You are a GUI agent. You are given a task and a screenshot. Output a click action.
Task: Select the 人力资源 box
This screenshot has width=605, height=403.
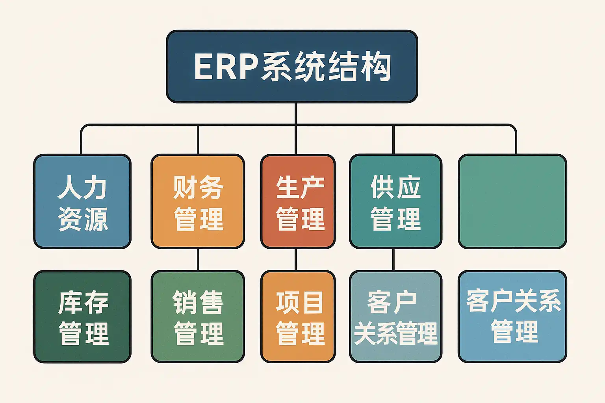click(x=82, y=201)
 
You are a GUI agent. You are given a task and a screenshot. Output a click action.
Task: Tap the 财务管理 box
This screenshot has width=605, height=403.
click(x=198, y=201)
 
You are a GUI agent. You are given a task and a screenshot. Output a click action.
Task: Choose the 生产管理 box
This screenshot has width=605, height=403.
click(x=298, y=201)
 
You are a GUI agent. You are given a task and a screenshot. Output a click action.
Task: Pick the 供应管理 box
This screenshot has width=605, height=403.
click(x=395, y=201)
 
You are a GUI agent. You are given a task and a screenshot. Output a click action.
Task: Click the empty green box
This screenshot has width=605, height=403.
click(x=512, y=201)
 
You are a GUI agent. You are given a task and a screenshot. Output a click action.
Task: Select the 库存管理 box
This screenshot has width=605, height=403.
click(x=82, y=317)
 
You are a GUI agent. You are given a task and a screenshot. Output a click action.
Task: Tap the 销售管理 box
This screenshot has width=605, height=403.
click(x=198, y=317)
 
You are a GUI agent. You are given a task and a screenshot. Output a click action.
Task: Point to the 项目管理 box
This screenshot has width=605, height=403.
click(x=298, y=317)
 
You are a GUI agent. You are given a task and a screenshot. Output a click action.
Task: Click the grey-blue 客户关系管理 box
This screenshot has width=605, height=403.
click(x=395, y=317)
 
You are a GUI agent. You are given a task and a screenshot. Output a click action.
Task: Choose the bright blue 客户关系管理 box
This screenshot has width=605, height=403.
click(x=512, y=317)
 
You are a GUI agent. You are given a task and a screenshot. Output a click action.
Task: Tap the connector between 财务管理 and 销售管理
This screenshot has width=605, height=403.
click(x=198, y=259)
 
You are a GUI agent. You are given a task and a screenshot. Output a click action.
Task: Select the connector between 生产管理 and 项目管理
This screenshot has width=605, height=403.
click(x=296, y=259)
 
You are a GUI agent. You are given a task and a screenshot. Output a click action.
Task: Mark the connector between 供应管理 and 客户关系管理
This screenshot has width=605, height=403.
click(x=393, y=259)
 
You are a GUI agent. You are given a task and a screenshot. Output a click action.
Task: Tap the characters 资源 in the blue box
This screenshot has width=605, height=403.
click(x=83, y=219)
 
